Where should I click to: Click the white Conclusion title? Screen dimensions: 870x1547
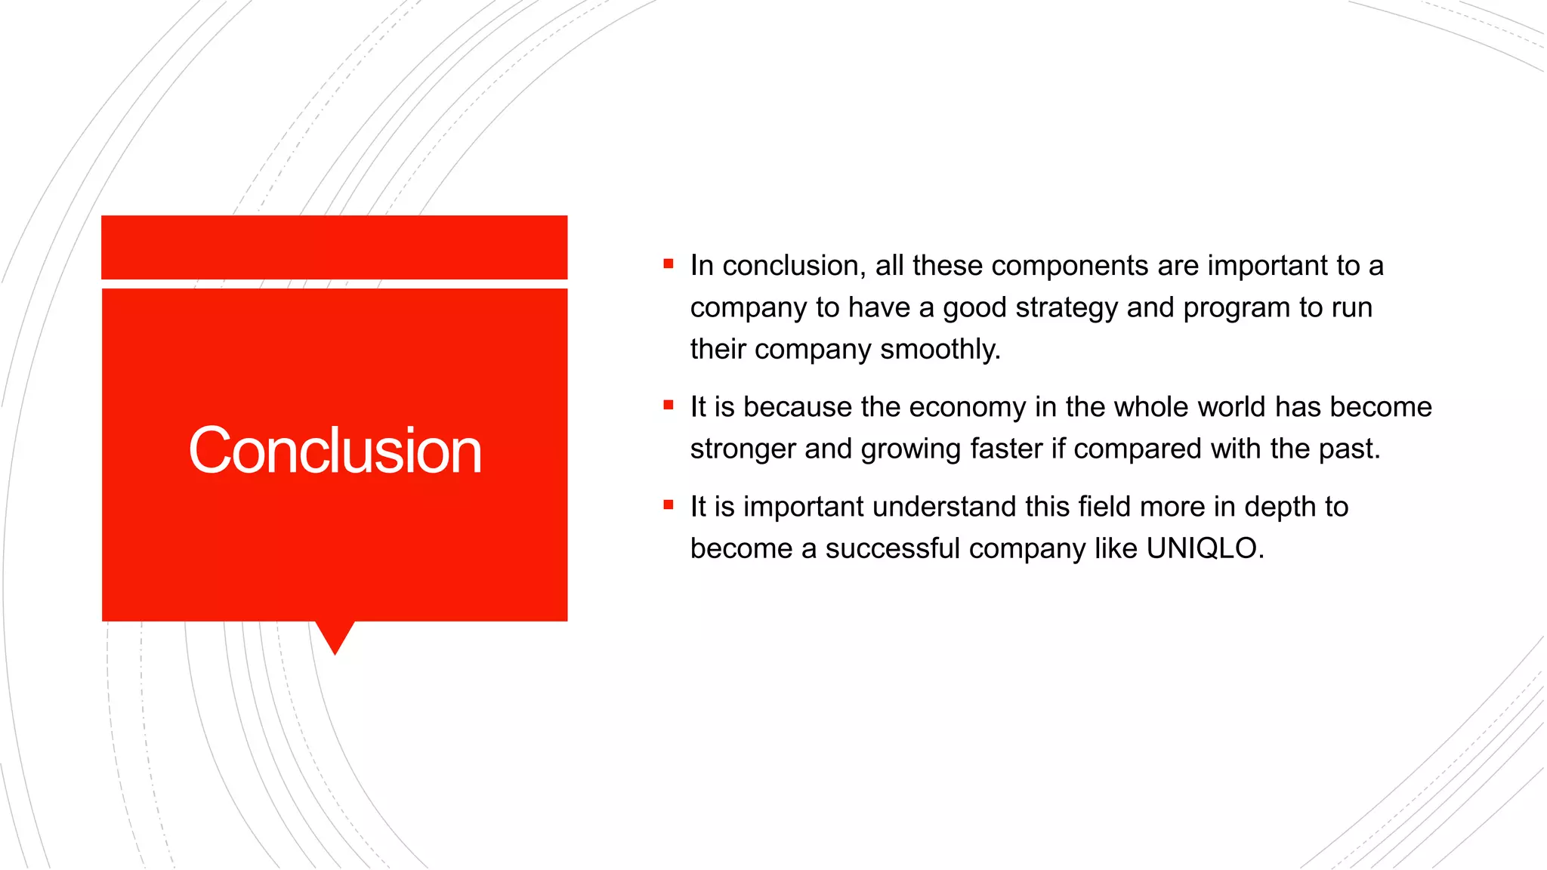(x=335, y=451)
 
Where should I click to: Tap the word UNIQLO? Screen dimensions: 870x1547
(x=1202, y=548)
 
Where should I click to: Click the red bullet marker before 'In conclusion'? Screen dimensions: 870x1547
(x=669, y=264)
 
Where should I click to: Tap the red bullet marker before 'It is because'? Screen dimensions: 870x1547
(x=669, y=406)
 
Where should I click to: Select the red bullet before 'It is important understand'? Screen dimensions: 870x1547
(x=669, y=505)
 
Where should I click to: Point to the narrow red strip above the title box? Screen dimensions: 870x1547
(x=335, y=247)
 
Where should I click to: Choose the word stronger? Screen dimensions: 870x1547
(x=743, y=449)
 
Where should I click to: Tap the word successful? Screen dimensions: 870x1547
(x=892, y=548)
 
